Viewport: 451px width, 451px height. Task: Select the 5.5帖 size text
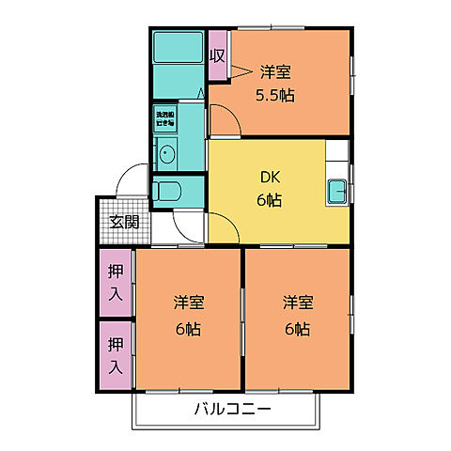(274, 95)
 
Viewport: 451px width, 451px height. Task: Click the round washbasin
(167, 154)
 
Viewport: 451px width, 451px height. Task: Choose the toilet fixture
(170, 193)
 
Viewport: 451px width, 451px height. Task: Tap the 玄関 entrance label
(122, 223)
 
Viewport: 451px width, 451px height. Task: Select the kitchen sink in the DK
(338, 193)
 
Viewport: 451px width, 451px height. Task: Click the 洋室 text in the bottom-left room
(188, 303)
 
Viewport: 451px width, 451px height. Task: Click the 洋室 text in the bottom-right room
(298, 303)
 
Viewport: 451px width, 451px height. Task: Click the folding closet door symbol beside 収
(241, 70)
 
